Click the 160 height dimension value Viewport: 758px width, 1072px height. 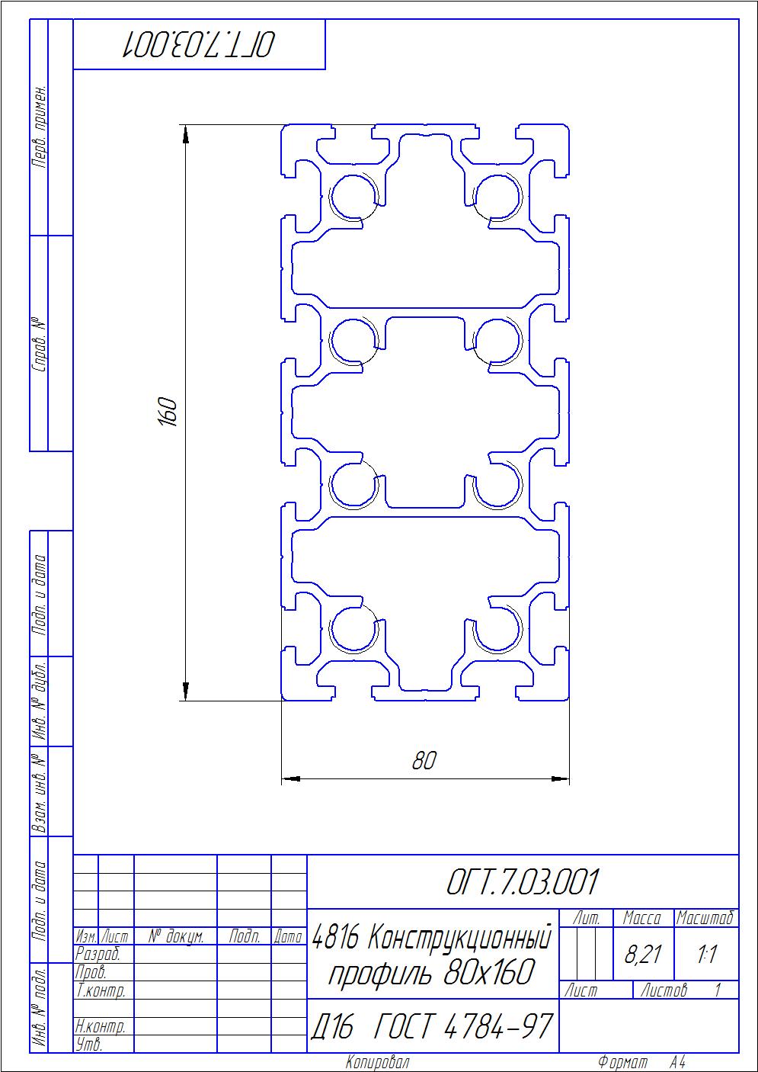[168, 412]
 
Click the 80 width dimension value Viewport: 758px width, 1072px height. [424, 760]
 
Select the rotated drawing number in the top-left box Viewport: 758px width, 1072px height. [199, 44]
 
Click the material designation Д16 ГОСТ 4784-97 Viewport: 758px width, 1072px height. [432, 1026]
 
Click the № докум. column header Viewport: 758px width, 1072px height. [175, 936]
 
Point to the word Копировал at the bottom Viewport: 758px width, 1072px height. [378, 1062]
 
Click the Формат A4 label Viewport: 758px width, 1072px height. [641, 1062]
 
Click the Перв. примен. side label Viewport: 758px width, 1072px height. [39, 127]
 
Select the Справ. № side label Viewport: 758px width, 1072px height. [39, 344]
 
